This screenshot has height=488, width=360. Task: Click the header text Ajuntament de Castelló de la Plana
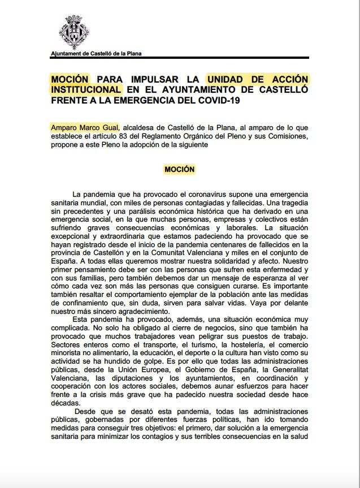click(x=96, y=54)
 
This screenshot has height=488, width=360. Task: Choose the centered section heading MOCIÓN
click(x=180, y=169)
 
